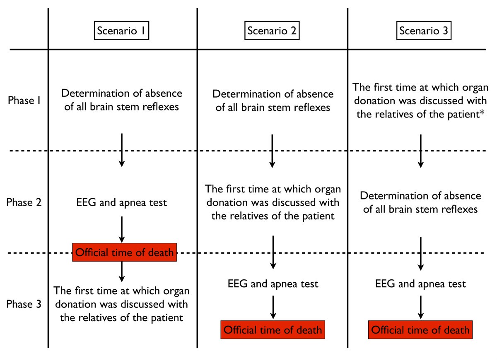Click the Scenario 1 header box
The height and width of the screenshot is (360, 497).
coord(122,31)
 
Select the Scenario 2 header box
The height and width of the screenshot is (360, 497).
coord(272,31)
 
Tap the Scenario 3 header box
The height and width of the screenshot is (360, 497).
coord(420,31)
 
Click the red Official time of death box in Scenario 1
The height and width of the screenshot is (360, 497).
coord(125,252)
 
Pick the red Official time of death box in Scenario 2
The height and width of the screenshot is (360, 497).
coord(273,330)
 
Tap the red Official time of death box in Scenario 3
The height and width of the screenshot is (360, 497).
coord(420,330)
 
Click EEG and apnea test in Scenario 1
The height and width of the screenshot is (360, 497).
coord(122,203)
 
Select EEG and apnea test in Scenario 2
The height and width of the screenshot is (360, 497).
coord(273,284)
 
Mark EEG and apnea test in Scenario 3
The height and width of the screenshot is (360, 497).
coord(420,284)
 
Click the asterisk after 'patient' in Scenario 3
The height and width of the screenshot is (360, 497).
coord(483,113)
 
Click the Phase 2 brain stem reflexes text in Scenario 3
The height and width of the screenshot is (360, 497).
coord(420,203)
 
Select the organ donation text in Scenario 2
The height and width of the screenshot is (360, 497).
coord(273,203)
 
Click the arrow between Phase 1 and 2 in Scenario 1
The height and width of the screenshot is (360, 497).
coord(122,150)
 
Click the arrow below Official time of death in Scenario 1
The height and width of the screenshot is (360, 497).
coord(122,271)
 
